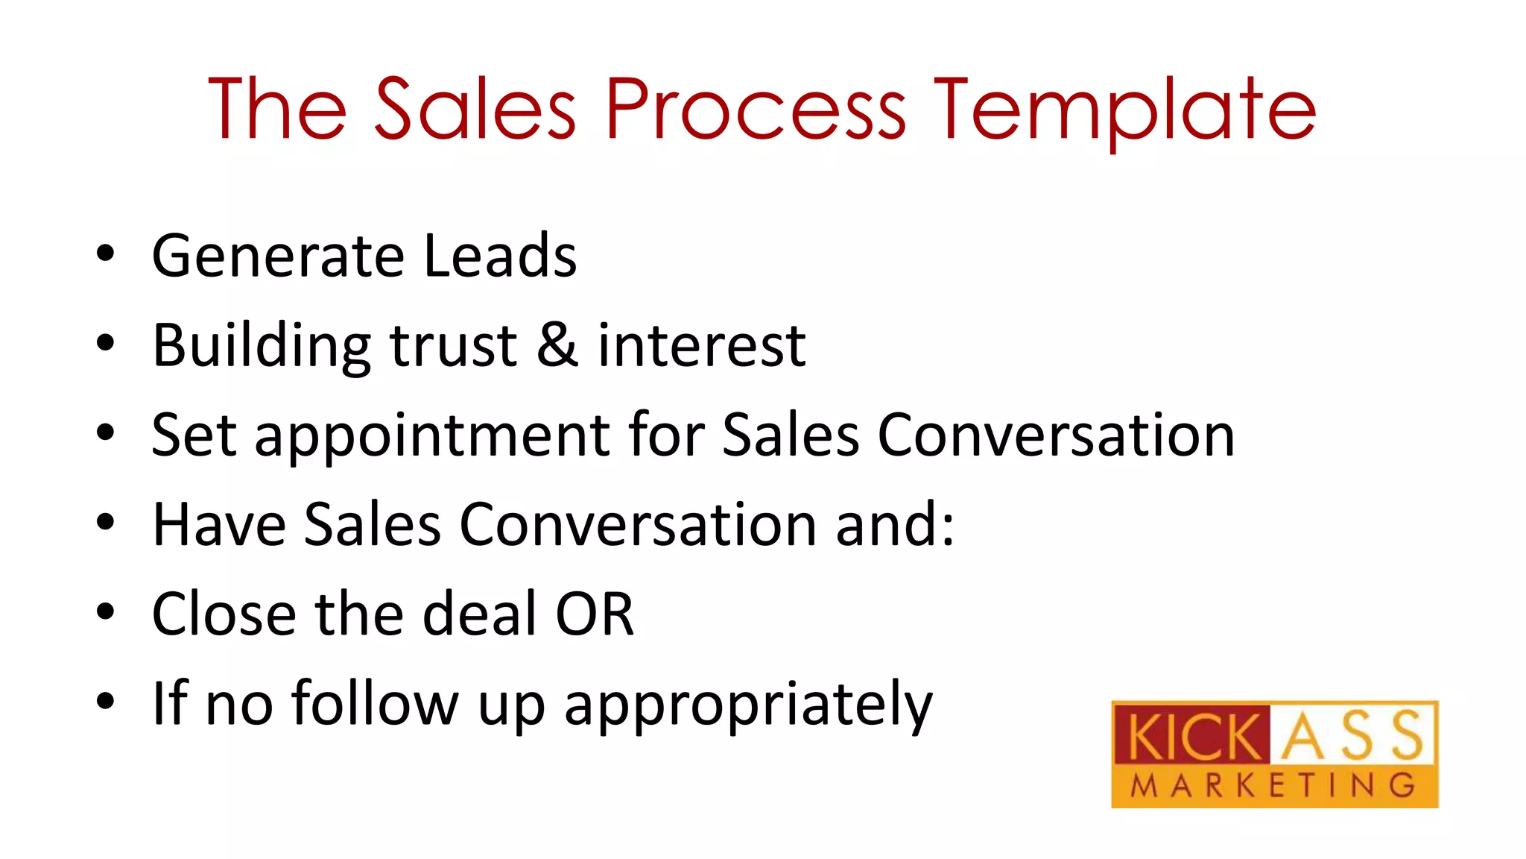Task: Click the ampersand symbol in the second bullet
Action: coord(557,345)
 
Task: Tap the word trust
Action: coord(453,346)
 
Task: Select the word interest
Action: coord(701,346)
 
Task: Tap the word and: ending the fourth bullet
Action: coord(894,524)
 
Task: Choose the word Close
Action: coord(224,614)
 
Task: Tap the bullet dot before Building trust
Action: coord(106,344)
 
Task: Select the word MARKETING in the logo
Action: coord(1273,786)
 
